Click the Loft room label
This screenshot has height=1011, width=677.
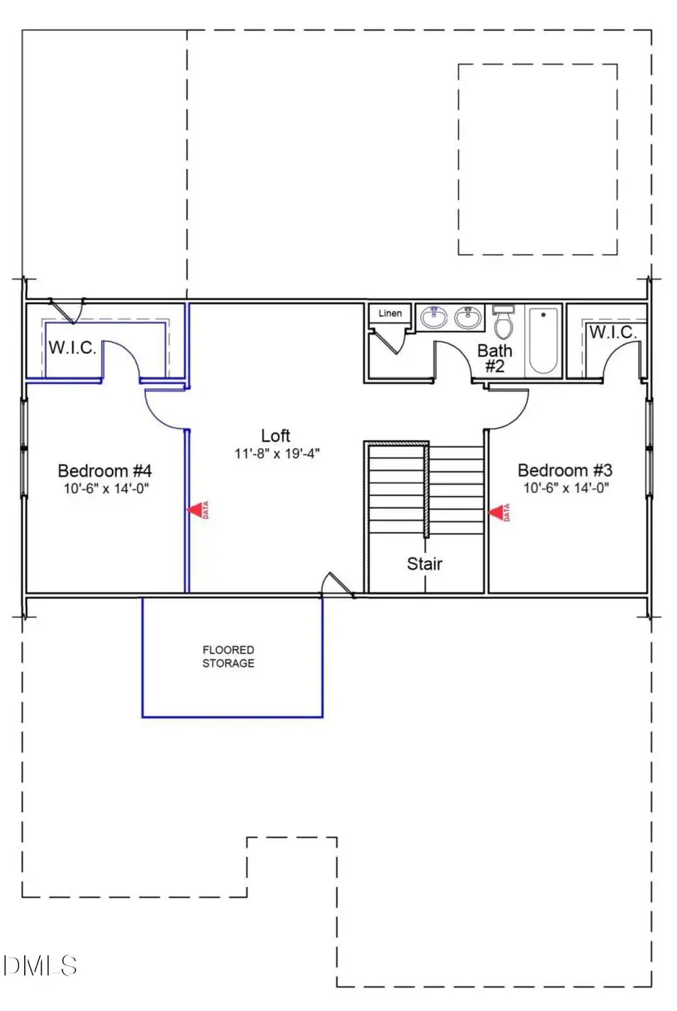(275, 436)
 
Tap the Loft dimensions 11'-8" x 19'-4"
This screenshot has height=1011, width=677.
(277, 454)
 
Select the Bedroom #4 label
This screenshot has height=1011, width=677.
(105, 471)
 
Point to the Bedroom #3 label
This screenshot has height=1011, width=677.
(565, 471)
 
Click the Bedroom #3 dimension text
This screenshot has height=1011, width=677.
(566, 488)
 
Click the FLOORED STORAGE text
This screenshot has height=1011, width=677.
(228, 656)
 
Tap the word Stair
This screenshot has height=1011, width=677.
(424, 564)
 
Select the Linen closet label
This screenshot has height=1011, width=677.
(390, 313)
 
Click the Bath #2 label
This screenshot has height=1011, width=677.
(494, 358)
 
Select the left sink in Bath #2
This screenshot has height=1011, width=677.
(434, 318)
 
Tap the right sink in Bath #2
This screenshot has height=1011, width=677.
(468, 318)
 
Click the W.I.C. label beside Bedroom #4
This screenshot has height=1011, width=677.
(72, 348)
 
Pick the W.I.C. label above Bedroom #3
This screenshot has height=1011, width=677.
(613, 332)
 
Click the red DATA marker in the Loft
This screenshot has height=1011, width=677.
(198, 511)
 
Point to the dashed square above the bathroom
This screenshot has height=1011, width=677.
(538, 159)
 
